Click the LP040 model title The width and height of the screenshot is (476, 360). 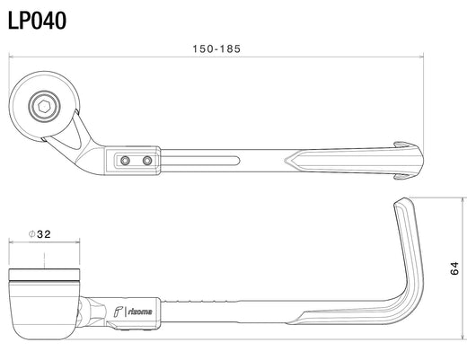(x=37, y=21)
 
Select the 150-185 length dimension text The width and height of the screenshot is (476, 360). (x=216, y=48)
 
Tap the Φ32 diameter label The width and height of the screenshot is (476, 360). (x=40, y=234)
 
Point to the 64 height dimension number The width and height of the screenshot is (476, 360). (x=454, y=268)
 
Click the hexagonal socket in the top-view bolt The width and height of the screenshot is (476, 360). (x=44, y=106)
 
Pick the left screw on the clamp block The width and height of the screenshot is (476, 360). (x=125, y=161)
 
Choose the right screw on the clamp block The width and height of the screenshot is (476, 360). (x=147, y=161)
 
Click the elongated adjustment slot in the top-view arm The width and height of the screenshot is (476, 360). (x=200, y=161)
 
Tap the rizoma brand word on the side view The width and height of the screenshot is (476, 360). (x=140, y=312)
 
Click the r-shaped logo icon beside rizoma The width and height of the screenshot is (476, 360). (x=118, y=312)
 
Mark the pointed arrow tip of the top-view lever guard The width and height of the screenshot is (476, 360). (x=285, y=161)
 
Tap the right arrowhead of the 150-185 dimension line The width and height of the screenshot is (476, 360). (x=421, y=57)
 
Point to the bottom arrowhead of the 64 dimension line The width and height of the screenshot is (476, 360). (x=463, y=337)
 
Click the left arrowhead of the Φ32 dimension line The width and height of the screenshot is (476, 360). (x=12, y=242)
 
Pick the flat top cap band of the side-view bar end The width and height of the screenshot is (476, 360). (x=44, y=275)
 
